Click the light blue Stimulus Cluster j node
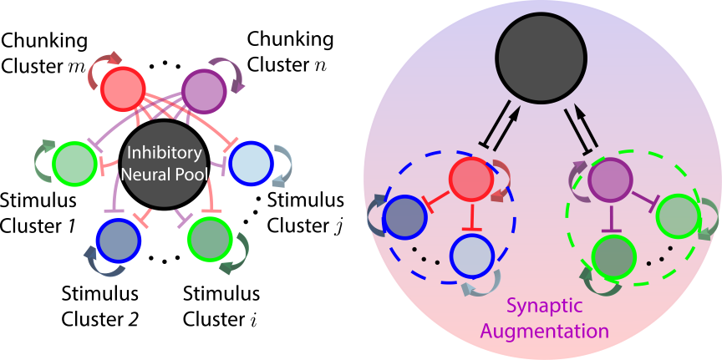(251, 160)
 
